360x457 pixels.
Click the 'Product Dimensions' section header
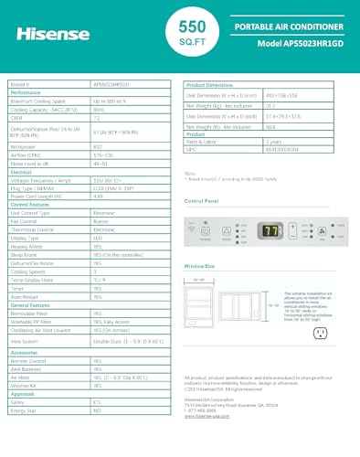click(x=213, y=83)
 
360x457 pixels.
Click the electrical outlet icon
click(x=321, y=333)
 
